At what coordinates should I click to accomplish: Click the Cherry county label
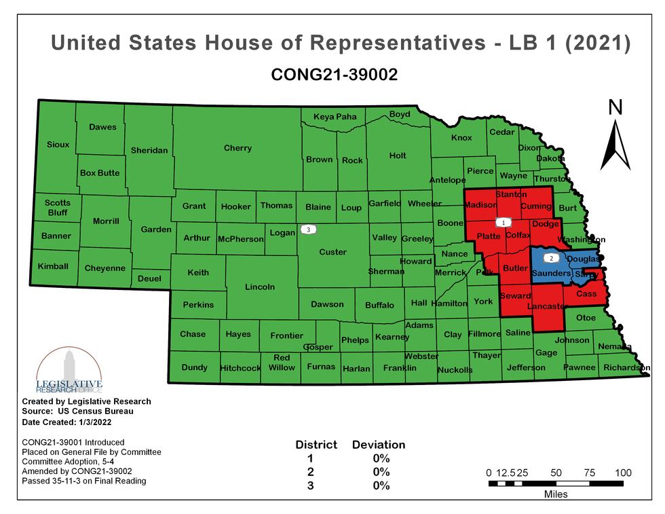pyautogui.click(x=237, y=148)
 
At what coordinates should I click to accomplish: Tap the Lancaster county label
pyautogui.click(x=547, y=307)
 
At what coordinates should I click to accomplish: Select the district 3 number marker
pyautogui.click(x=309, y=230)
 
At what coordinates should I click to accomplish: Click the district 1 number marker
pyautogui.click(x=503, y=222)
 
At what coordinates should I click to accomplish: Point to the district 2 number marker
pyautogui.click(x=551, y=259)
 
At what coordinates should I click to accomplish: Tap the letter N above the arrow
pyautogui.click(x=615, y=107)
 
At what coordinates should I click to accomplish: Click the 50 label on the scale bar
pyautogui.click(x=556, y=473)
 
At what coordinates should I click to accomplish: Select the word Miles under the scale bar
pyautogui.click(x=556, y=494)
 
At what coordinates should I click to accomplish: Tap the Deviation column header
pyautogui.click(x=378, y=445)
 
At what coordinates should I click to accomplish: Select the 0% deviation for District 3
pyautogui.click(x=381, y=485)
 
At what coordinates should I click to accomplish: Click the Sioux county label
pyautogui.click(x=58, y=145)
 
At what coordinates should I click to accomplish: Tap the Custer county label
pyautogui.click(x=332, y=252)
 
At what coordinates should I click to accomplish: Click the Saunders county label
pyautogui.click(x=551, y=273)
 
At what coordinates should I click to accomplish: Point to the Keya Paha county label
pyautogui.click(x=335, y=117)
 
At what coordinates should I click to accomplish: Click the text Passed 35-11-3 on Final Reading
pyautogui.click(x=84, y=481)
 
